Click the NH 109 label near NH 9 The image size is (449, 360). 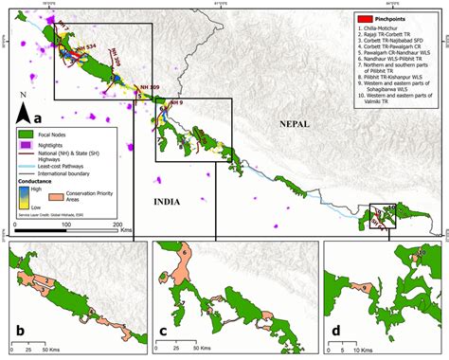click(150, 87)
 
